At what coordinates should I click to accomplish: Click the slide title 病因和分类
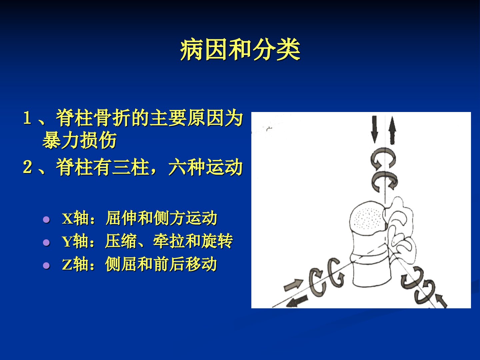point(240,50)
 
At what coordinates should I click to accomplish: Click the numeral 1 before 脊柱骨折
point(27,118)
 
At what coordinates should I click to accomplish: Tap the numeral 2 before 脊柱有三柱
point(27,167)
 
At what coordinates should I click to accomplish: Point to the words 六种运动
point(206,167)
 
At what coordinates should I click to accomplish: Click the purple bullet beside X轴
point(46,219)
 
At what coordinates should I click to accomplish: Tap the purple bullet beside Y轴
point(46,242)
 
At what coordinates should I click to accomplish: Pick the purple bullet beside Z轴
point(46,265)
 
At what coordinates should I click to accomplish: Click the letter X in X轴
point(67,218)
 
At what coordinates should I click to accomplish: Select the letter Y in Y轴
point(67,242)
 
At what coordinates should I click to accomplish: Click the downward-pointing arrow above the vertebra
point(375,129)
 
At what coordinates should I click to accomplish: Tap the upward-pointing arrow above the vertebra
point(392,130)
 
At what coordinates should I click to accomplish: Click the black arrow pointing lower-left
point(297,301)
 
